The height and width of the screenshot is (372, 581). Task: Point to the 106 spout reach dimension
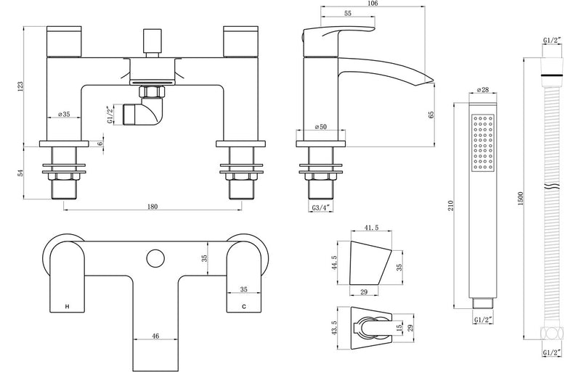371,4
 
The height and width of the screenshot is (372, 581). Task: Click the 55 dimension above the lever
348,14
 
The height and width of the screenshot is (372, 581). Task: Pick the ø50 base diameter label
320,128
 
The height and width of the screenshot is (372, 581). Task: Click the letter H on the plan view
68,308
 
